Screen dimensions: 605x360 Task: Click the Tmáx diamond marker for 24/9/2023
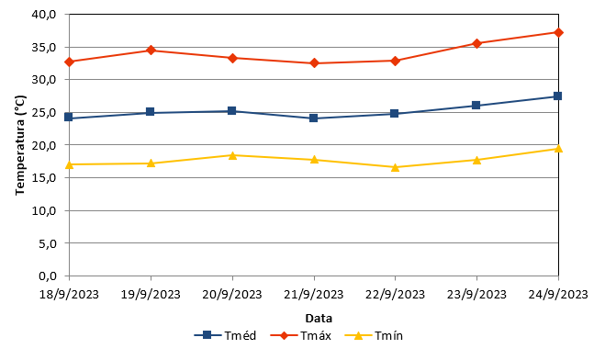(558, 32)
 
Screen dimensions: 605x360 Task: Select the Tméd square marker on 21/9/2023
(314, 118)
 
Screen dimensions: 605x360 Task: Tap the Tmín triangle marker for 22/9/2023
(395, 167)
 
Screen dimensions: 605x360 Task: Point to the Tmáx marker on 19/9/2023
(151, 50)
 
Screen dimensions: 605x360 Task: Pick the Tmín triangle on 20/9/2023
(232, 155)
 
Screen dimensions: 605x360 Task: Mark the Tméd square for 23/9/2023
(476, 105)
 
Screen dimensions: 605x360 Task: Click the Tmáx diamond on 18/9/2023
(70, 62)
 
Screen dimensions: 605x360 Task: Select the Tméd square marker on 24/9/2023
(557, 96)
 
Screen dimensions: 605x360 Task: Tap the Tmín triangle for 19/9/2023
(151, 163)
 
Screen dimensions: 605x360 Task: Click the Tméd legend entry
(225, 335)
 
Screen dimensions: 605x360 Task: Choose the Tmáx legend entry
(301, 335)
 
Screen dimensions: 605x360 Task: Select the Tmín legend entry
(374, 335)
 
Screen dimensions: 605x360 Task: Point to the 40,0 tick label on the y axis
(44, 15)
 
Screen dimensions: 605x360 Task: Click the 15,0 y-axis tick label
(44, 178)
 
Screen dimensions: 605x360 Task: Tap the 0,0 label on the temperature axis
(48, 276)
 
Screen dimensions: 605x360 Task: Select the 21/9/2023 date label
(314, 295)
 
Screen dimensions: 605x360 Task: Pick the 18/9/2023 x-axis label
(70, 295)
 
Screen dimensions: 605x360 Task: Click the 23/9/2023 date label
(476, 295)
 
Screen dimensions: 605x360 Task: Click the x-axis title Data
(319, 319)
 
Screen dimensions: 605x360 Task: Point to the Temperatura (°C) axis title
(20, 145)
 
